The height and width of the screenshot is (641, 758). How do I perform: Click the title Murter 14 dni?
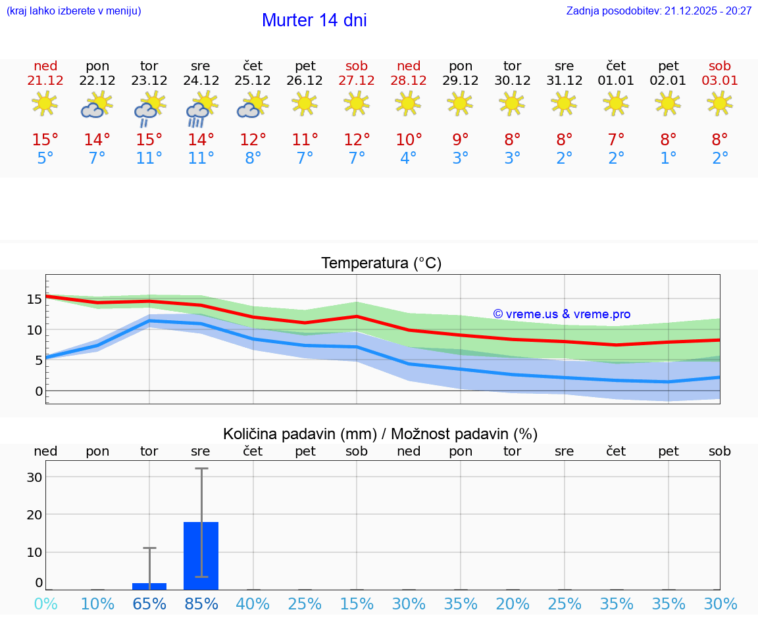314,20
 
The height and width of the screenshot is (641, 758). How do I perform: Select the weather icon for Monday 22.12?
96,105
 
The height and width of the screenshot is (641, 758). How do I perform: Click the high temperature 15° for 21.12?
45,139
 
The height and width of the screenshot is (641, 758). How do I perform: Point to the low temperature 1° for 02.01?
668,158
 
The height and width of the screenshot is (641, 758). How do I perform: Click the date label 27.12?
357,81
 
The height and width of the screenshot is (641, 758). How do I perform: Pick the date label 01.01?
616,81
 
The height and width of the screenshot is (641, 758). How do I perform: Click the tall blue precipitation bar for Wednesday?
201,556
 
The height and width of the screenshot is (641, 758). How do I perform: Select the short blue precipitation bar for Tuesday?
149,586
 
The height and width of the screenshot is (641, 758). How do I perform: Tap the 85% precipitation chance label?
201,604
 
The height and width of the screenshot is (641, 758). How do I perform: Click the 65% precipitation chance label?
149,604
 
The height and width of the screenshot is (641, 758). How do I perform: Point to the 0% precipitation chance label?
45,604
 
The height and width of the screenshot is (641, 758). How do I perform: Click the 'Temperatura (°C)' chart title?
381,264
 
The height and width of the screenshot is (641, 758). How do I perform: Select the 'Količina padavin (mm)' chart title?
380,434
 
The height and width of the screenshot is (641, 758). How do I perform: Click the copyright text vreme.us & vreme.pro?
561,314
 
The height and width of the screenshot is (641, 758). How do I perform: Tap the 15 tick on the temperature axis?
34,299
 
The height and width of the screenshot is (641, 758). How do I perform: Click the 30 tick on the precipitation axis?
34,477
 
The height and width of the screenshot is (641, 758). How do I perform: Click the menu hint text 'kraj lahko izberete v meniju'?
74,11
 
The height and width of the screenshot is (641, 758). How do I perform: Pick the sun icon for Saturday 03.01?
719,103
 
